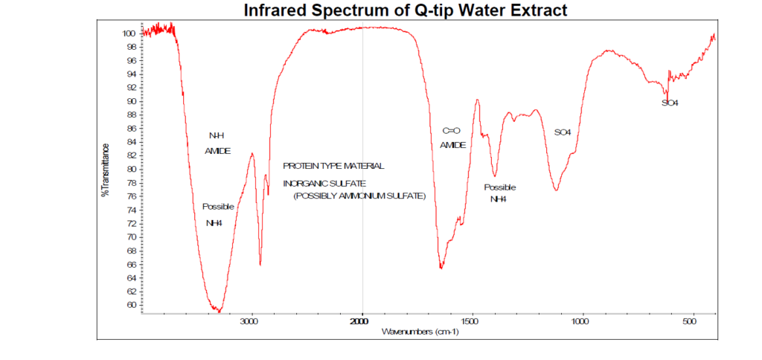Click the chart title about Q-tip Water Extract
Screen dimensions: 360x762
[405, 10]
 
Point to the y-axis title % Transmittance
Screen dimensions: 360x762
[106, 170]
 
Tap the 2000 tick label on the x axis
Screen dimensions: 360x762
[361, 321]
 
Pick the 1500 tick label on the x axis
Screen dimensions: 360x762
[470, 321]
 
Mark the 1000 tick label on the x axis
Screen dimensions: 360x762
[580, 321]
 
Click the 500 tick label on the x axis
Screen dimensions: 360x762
[690, 321]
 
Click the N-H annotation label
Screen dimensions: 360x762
[217, 135]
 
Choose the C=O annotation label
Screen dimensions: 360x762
[452, 131]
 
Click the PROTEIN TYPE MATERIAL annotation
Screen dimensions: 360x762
[333, 166]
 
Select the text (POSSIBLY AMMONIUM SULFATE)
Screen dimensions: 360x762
[359, 196]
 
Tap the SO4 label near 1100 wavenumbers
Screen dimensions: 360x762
[563, 132]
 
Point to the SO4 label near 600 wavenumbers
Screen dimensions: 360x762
[670, 103]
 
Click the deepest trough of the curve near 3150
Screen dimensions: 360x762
[219, 310]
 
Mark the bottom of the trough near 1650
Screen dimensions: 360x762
[441, 268]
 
